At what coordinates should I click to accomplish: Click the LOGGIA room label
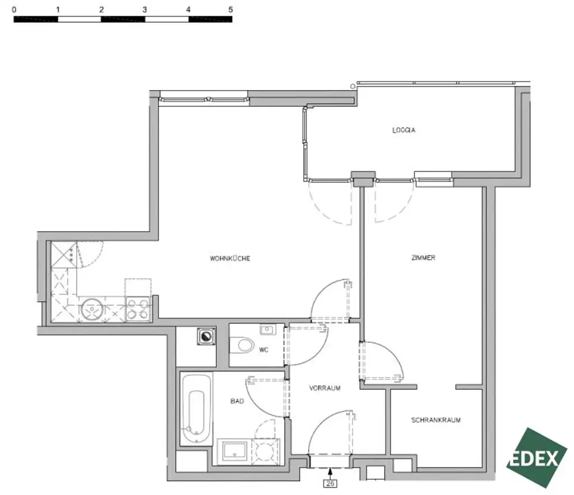pos(404,130)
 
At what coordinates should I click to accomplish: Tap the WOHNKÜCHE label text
pos(230,259)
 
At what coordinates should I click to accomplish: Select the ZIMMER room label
pos(423,258)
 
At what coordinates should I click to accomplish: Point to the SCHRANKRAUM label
pos(436,420)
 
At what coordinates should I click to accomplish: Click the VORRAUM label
pos(325,387)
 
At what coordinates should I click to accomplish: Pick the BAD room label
pos(237,401)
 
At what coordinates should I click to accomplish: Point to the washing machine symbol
pos(206,337)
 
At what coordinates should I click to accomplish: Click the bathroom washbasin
pos(233,451)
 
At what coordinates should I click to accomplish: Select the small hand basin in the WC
pos(267,330)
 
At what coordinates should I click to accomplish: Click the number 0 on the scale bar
pos(13,10)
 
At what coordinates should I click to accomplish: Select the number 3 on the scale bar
pos(145,10)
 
